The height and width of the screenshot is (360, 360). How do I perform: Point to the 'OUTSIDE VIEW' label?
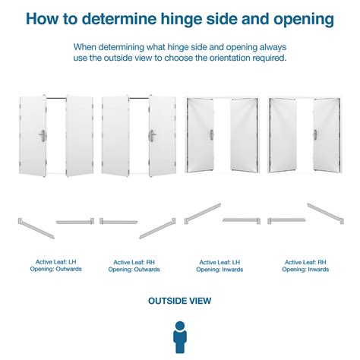click(180, 301)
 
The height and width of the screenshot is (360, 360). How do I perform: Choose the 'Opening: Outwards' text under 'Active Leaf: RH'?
click(133, 270)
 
